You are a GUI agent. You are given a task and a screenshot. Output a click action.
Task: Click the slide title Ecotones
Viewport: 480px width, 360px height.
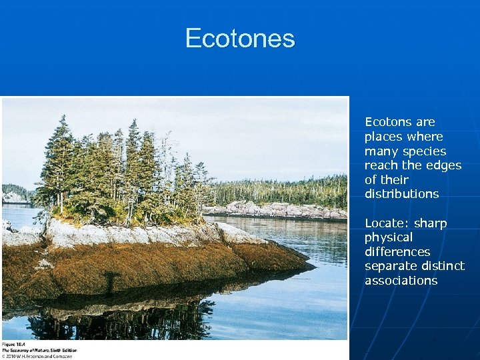click(x=240, y=38)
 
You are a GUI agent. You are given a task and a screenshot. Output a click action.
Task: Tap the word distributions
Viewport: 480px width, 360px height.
click(x=401, y=195)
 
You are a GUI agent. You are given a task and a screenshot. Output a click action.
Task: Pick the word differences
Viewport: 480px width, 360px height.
click(x=397, y=252)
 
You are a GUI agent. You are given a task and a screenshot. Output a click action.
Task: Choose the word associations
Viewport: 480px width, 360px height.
click(x=401, y=281)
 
